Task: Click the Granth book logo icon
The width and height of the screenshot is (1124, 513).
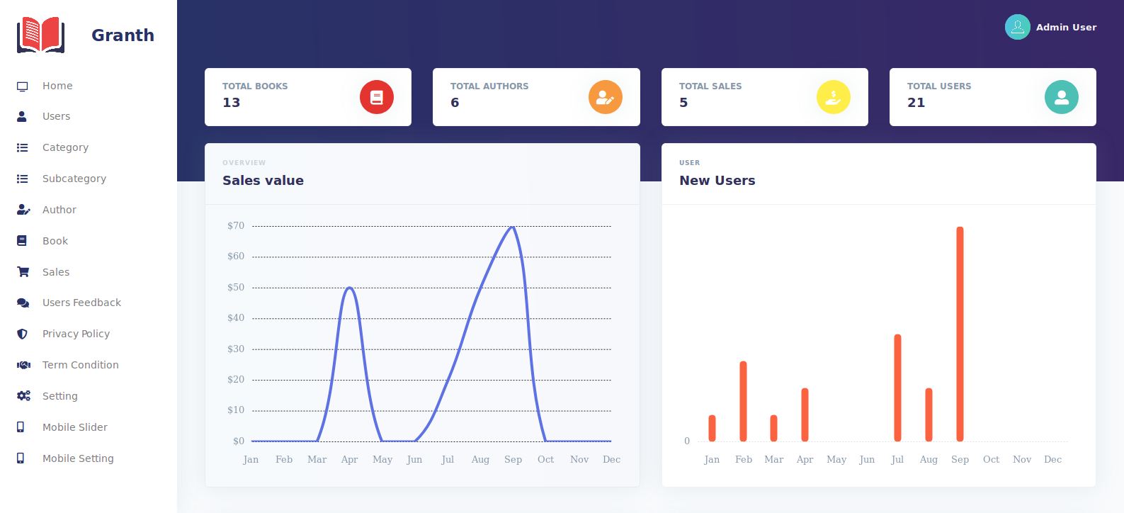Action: point(41,35)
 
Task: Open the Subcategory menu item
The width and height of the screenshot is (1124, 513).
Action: point(74,179)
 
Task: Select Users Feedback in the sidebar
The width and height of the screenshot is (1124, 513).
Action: point(81,303)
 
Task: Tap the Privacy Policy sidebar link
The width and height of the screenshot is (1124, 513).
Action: point(76,334)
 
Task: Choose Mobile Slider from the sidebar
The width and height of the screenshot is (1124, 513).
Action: point(74,427)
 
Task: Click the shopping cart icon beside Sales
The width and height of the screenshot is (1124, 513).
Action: point(23,272)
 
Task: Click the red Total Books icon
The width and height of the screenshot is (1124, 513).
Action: point(377,97)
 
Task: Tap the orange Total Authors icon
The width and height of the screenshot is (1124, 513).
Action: point(605,97)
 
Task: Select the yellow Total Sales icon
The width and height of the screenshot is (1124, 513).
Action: point(834,97)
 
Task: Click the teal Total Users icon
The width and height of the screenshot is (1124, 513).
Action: point(1062,97)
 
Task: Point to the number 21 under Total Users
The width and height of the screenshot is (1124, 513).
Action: point(916,103)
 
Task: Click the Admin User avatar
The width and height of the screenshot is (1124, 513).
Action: point(1018,27)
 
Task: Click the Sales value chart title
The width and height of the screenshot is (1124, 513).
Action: point(263,181)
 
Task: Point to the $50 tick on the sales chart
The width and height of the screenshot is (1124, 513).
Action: point(236,288)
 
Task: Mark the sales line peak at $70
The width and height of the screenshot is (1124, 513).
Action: point(513,227)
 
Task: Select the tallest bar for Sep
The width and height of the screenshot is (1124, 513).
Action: point(960,333)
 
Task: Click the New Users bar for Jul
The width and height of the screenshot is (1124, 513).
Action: point(897,388)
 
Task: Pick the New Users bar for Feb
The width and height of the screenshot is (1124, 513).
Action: point(743,401)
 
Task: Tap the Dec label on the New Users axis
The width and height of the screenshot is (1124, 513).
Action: point(1052,460)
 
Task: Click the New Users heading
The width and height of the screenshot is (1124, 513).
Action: point(717,181)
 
